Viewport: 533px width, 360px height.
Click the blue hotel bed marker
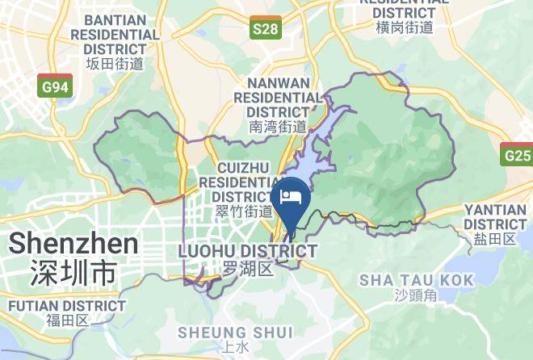290,199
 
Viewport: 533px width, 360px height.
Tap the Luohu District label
246,252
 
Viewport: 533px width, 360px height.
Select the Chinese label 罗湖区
246,269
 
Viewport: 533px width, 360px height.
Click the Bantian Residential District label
115,35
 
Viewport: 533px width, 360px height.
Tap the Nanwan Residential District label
278,97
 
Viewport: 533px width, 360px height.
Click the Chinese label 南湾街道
278,127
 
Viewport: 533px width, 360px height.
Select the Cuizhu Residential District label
243,181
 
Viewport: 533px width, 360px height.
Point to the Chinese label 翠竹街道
244,211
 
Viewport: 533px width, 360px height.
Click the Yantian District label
495,216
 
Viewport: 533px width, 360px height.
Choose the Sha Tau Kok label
405,279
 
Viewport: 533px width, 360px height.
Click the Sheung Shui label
224,333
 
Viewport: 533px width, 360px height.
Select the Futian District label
67,307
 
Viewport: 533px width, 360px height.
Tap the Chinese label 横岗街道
405,27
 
